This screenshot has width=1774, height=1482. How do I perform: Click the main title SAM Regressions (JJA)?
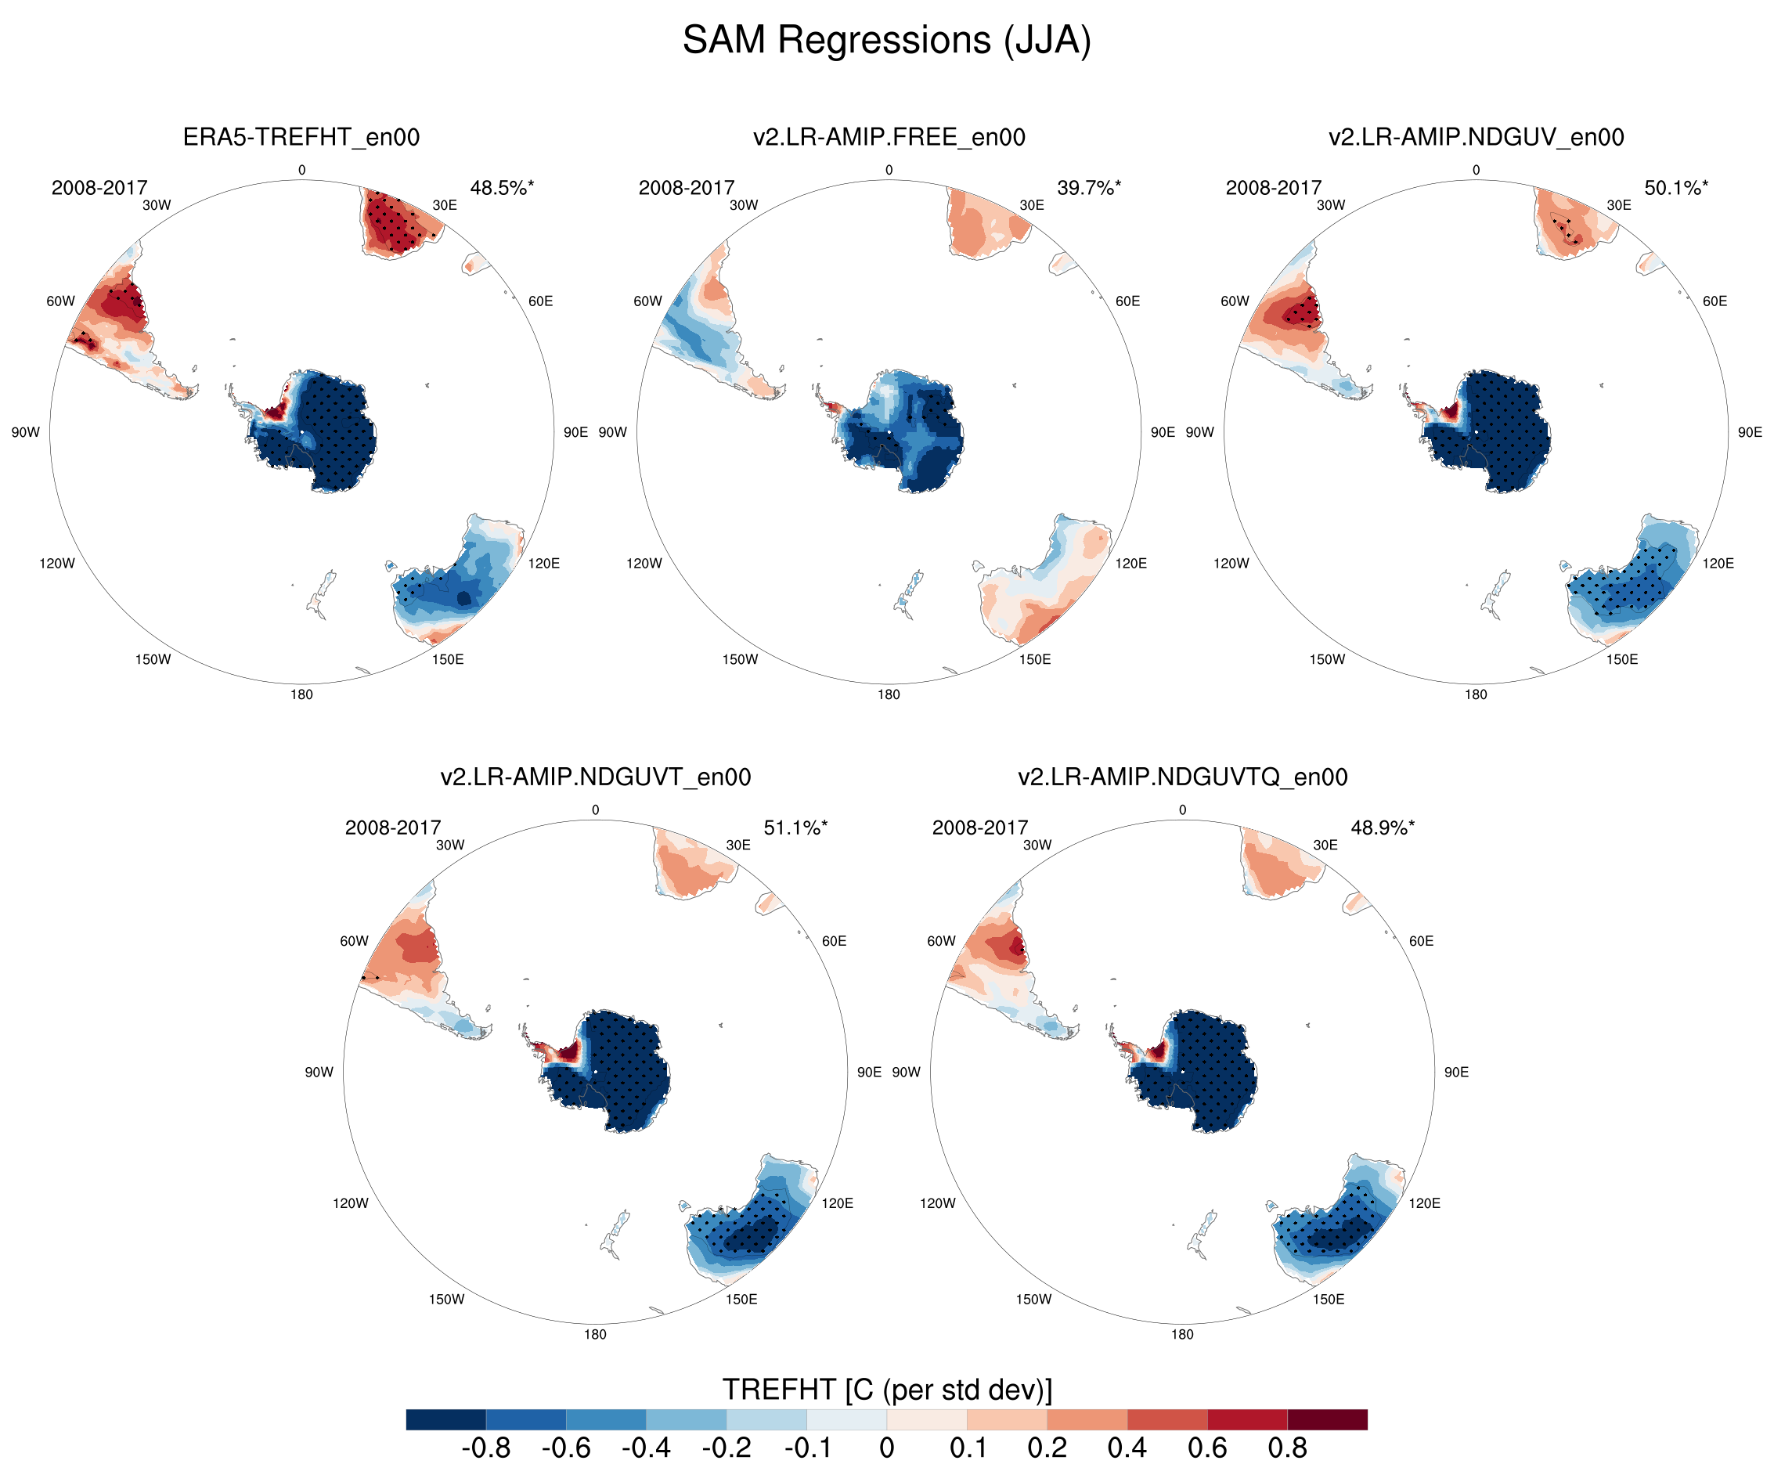[886, 41]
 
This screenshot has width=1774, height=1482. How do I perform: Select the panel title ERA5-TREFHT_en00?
[301, 137]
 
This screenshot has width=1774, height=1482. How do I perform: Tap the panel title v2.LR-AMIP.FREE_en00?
[889, 137]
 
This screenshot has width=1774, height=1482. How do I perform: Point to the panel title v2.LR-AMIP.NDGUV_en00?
[1476, 137]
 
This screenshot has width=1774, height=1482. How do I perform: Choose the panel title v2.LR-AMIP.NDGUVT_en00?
[596, 777]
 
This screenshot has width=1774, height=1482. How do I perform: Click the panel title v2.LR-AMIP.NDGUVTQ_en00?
[1183, 777]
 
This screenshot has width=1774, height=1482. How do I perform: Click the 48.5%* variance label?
[502, 188]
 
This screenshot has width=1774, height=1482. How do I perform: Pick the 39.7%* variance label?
[1089, 188]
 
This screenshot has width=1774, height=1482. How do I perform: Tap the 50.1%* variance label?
[1676, 188]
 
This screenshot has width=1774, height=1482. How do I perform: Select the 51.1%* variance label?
[795, 828]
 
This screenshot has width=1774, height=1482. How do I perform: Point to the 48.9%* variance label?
[1383, 828]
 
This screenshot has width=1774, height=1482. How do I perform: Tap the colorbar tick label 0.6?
[1207, 1448]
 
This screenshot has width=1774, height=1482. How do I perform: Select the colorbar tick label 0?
[886, 1448]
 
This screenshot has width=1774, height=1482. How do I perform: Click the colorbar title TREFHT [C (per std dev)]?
[887, 1390]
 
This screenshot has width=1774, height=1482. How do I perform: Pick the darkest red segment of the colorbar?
[1327, 1419]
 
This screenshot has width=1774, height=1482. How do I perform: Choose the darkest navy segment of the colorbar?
[446, 1419]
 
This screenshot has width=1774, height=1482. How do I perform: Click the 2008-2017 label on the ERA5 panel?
[99, 188]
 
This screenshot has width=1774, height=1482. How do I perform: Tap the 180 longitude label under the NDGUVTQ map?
[1182, 1334]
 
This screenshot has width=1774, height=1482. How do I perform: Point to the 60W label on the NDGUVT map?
[354, 940]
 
